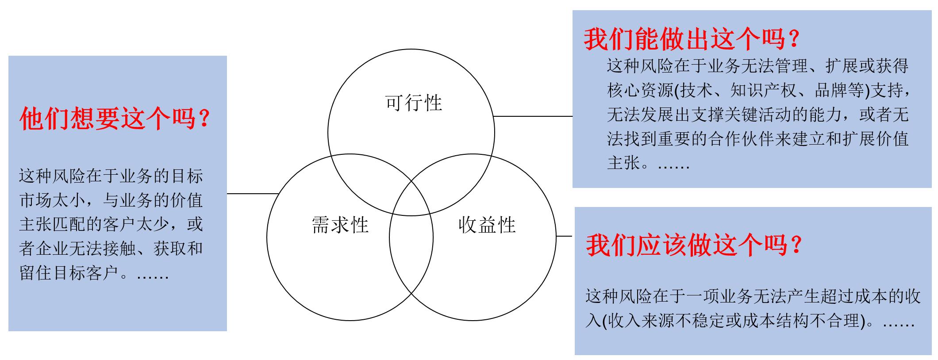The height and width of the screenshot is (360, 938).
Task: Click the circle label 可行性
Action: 413,103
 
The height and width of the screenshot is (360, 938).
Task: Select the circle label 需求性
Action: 340,225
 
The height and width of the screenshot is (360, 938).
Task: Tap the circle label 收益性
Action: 487,225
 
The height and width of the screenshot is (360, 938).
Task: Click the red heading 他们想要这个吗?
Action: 115,119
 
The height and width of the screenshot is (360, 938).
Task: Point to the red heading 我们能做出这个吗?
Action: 692,39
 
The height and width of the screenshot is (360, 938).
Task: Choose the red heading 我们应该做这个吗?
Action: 694,245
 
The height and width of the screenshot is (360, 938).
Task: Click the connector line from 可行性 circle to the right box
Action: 533,116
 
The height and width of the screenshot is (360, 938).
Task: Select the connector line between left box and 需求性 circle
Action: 252,194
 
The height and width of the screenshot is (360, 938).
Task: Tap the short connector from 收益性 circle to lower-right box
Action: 564,236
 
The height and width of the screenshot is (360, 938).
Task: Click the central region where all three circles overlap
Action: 411,199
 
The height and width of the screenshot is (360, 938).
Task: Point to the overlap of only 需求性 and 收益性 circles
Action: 411,257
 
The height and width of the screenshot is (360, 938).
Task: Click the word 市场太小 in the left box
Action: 52,200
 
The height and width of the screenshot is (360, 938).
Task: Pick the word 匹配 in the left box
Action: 69,225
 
